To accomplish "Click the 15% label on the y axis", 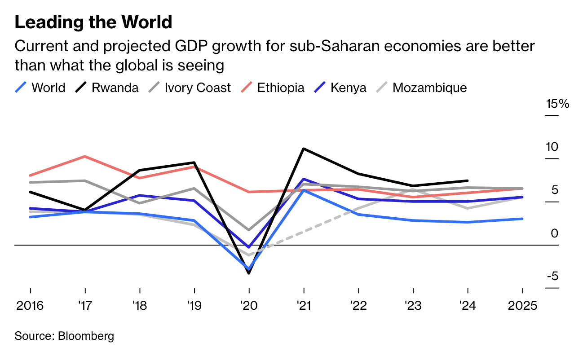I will click(557, 104).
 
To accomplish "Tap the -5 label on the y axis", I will click(552, 276).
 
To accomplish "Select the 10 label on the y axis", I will click(552, 147).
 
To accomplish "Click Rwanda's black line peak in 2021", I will click(304, 149).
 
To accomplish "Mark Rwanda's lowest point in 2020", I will click(249, 273).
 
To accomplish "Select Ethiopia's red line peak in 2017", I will click(85, 156).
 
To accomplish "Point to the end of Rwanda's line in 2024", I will click(468, 180).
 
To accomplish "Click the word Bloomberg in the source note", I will click(86, 336).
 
